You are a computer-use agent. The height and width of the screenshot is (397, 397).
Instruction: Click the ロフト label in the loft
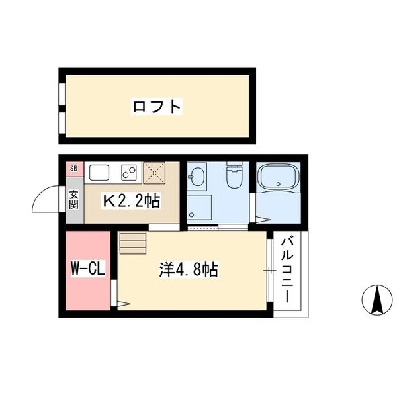157,106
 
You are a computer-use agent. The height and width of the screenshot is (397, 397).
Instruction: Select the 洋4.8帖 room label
189,270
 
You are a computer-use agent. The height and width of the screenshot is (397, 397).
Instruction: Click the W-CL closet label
89,269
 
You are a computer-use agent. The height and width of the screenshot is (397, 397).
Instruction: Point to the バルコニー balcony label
288,270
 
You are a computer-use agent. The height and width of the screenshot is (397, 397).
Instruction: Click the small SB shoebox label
73,169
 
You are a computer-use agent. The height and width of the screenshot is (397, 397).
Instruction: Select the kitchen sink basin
99,173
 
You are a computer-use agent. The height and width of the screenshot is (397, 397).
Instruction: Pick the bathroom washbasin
197,177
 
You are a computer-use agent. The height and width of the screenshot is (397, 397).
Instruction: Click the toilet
232,177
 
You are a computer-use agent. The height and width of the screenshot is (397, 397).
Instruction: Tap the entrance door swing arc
48,198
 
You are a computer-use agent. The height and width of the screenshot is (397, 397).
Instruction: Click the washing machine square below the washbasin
198,207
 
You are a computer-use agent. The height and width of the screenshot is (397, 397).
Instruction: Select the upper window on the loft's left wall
61,93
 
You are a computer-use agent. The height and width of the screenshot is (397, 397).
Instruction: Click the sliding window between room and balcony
270,270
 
